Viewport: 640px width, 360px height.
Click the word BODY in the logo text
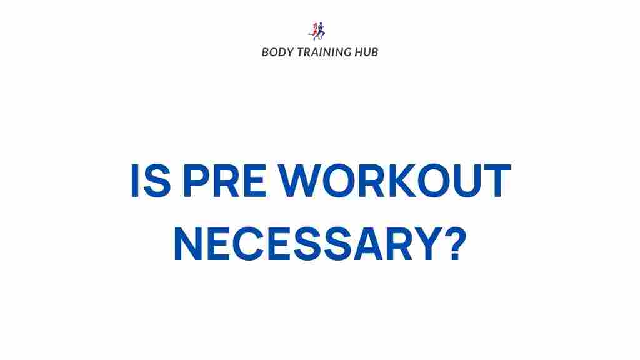click(276, 52)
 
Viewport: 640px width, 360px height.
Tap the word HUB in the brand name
click(367, 52)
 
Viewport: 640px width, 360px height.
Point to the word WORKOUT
click(394, 181)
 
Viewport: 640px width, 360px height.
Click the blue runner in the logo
click(322, 30)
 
